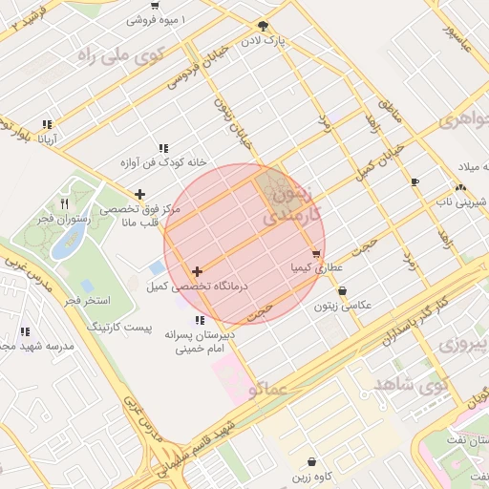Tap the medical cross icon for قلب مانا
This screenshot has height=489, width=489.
pyautogui.click(x=140, y=194)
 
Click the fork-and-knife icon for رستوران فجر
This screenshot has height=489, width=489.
pyautogui.click(x=64, y=203)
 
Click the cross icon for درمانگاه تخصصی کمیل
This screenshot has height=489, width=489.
pyautogui.click(x=198, y=272)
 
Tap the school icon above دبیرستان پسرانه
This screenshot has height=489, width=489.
pyautogui.click(x=200, y=320)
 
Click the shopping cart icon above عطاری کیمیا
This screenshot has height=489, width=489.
pyautogui.click(x=316, y=254)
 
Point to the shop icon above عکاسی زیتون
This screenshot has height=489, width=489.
pyautogui.click(x=343, y=291)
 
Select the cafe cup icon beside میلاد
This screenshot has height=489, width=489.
pyautogui.click(x=415, y=181)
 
